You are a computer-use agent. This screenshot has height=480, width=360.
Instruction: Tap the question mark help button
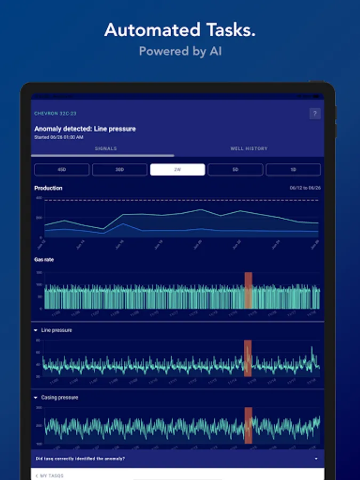click(x=315, y=114)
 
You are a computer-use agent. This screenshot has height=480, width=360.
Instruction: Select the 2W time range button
click(x=178, y=170)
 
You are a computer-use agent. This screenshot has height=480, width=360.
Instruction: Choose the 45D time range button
click(x=61, y=170)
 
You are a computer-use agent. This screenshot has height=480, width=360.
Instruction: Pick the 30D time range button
click(x=119, y=170)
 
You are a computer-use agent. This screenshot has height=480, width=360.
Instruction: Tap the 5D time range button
click(x=235, y=170)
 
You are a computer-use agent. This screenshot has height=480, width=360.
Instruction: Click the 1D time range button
click(x=293, y=170)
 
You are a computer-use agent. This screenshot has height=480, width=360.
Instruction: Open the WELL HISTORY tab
click(x=249, y=148)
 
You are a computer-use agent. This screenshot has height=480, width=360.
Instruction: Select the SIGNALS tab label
click(x=106, y=148)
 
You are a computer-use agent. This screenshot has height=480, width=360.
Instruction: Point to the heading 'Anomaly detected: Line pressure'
click(x=85, y=129)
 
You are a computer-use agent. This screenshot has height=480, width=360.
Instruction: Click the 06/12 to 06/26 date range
click(x=304, y=188)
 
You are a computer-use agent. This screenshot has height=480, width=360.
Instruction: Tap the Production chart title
click(x=49, y=188)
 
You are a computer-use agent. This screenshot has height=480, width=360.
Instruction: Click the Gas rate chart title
click(x=44, y=260)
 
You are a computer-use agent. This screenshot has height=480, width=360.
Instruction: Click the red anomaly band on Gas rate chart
click(x=248, y=290)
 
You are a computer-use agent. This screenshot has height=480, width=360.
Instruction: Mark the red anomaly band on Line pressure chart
click(x=247, y=358)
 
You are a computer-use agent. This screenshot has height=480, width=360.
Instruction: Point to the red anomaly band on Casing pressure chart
click(x=248, y=425)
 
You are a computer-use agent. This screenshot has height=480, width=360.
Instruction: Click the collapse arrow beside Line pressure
click(x=36, y=331)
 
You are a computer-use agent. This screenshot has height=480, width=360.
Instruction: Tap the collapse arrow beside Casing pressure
click(x=36, y=398)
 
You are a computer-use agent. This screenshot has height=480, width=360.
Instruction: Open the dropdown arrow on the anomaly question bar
click(x=316, y=459)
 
